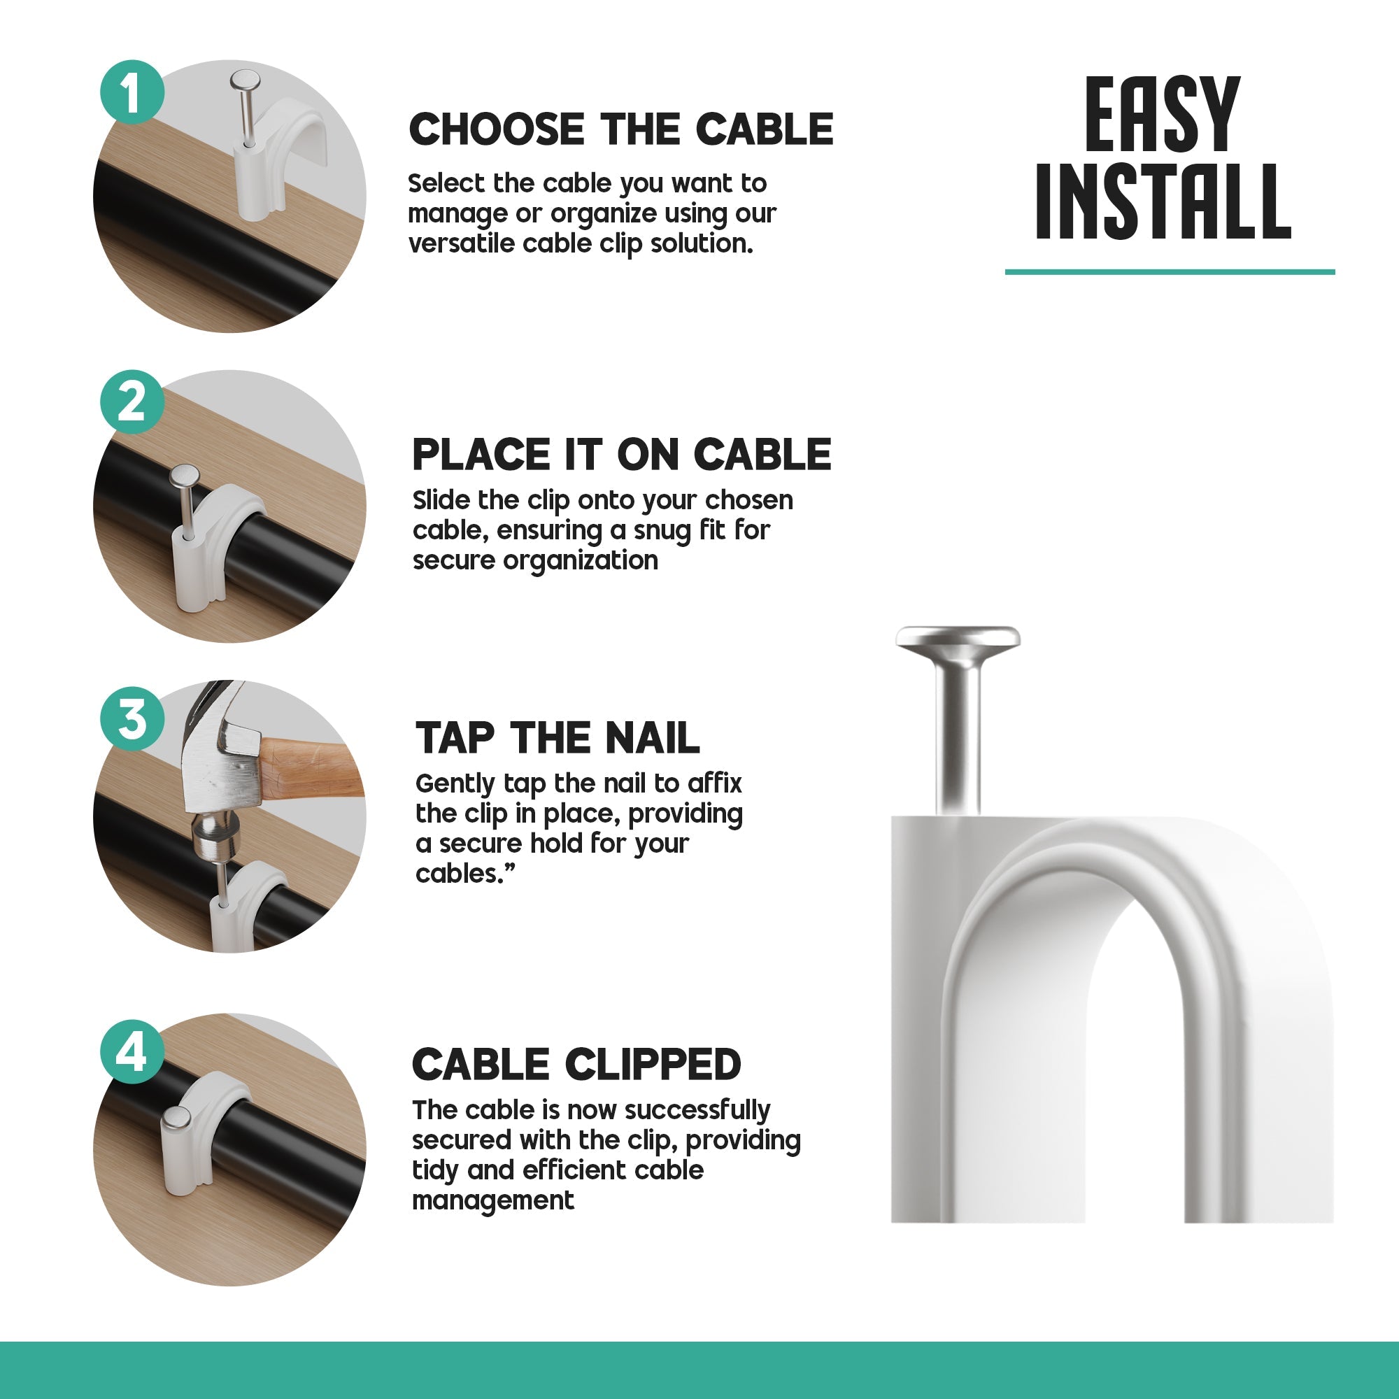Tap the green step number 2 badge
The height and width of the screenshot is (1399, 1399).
click(x=132, y=403)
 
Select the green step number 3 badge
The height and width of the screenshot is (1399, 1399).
click(x=132, y=720)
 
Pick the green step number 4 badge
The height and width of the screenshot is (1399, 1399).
click(x=132, y=1051)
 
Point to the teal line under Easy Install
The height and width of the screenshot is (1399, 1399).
click(x=1169, y=271)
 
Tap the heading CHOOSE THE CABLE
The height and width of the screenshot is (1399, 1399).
click(x=620, y=129)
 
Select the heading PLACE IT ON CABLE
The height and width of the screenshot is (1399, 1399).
click(x=621, y=455)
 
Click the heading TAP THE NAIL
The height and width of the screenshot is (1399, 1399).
click(x=557, y=738)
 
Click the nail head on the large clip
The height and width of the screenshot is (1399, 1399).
click(x=958, y=637)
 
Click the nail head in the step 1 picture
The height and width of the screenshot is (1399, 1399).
click(x=245, y=80)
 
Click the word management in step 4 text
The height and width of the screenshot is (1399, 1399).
click(x=492, y=1200)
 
